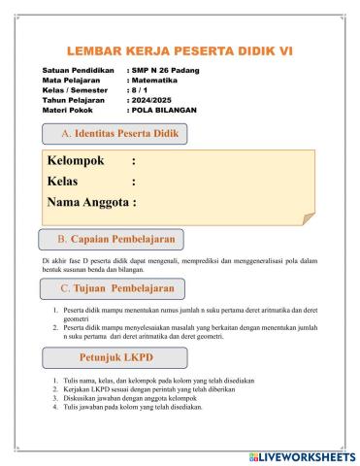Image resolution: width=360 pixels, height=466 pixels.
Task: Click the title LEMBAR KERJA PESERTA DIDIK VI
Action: (x=180, y=50)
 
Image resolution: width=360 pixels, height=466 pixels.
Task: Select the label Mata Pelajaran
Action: (x=73, y=82)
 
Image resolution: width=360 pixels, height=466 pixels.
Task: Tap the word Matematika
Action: (x=155, y=82)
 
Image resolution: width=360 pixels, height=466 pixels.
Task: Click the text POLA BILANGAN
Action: (x=163, y=111)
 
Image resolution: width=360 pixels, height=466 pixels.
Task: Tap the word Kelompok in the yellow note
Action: (x=76, y=161)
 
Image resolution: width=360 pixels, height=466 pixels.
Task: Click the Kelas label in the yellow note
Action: (x=65, y=182)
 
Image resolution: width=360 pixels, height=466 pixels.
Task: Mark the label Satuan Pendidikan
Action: (x=80, y=72)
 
